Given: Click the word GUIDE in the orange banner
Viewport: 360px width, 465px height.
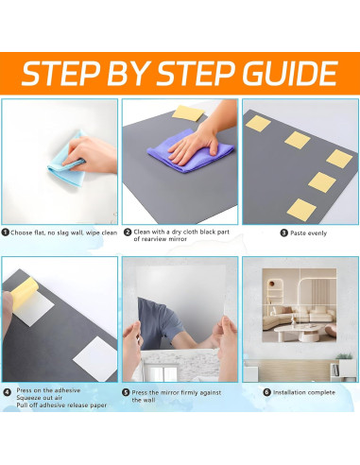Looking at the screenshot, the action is [290, 74].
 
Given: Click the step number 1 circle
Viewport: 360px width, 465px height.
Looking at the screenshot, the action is [5, 232].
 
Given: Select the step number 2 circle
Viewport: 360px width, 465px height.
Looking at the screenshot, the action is [128, 232].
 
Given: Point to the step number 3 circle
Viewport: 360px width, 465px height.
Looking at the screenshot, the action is [283, 232].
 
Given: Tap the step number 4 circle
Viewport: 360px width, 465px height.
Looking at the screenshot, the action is [8, 392].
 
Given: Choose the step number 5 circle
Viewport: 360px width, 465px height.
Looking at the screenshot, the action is [126, 392].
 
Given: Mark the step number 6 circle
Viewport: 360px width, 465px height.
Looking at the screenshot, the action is [267, 392].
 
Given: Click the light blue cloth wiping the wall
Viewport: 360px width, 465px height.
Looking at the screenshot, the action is [68, 159].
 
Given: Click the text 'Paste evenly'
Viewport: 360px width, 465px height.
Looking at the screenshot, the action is [308, 233].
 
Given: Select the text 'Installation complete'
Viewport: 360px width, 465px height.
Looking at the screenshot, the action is [304, 392].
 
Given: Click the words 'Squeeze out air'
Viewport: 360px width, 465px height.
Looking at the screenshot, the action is [40, 398].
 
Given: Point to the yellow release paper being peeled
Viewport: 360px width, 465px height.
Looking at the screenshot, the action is [25, 292].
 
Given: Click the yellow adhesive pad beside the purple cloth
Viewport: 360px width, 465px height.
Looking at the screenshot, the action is [188, 112].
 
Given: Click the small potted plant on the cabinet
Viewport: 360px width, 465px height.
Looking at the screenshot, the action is [344, 356].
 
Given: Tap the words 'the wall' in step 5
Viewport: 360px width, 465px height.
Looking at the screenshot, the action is [144, 400].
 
